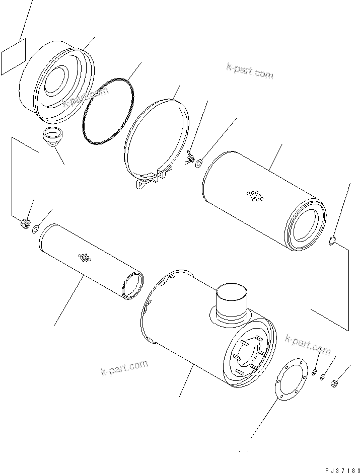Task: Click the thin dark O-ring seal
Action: point(108,110)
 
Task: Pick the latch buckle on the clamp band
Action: point(149,181)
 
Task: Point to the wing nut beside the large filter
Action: point(190,160)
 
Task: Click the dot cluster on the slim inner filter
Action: point(84,258)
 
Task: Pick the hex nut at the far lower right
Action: point(334,384)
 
